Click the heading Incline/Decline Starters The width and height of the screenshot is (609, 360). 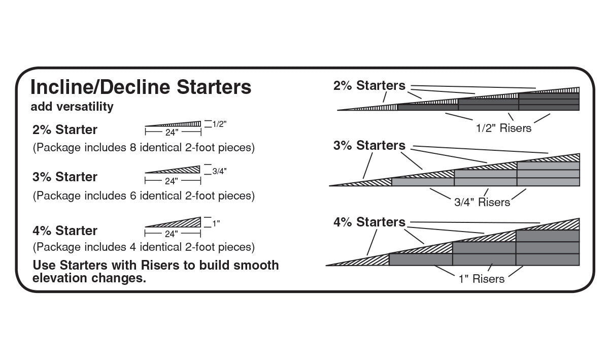pos(141,87)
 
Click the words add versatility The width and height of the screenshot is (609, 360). pos(72,107)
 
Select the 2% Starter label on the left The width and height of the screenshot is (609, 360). pos(64,129)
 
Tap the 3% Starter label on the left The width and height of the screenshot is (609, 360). pos(64,177)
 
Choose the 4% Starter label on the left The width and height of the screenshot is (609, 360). pos(64,231)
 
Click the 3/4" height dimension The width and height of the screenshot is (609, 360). pos(219,171)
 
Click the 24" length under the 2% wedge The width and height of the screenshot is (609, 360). pos(173,133)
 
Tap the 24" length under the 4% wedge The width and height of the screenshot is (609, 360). pos(173,234)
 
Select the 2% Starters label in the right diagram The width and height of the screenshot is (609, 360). pos(369,86)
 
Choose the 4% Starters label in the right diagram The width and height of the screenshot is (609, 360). pos(369,222)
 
